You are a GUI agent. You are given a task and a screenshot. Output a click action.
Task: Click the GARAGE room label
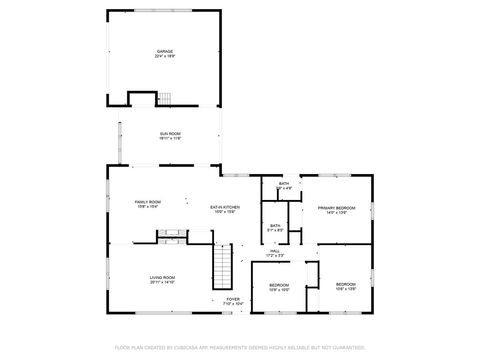point(163,51)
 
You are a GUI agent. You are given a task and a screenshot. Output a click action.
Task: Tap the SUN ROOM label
point(169,134)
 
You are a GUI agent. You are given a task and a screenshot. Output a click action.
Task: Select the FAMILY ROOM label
point(148,202)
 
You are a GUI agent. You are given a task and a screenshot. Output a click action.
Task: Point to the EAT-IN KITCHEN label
point(224,207)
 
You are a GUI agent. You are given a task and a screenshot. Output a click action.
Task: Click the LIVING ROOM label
point(162,277)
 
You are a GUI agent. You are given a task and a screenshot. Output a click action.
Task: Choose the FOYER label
point(232,298)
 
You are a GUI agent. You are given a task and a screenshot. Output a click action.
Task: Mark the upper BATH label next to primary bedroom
point(284,183)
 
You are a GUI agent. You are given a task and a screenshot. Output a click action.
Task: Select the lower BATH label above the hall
point(275,225)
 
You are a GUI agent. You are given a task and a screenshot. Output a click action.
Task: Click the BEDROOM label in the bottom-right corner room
point(345,285)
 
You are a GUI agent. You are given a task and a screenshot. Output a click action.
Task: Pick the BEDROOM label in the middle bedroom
point(279,285)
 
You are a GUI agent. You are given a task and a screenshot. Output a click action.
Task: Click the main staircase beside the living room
point(221,267)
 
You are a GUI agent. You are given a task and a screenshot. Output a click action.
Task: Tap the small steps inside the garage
point(165,97)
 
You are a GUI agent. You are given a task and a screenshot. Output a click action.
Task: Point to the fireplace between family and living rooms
point(167,237)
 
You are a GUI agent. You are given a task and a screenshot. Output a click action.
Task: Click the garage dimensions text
point(163,56)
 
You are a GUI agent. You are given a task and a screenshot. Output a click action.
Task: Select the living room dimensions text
point(162,282)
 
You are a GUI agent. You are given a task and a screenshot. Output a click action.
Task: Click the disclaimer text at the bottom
point(239,347)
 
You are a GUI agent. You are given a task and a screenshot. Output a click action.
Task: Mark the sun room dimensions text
point(169,139)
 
